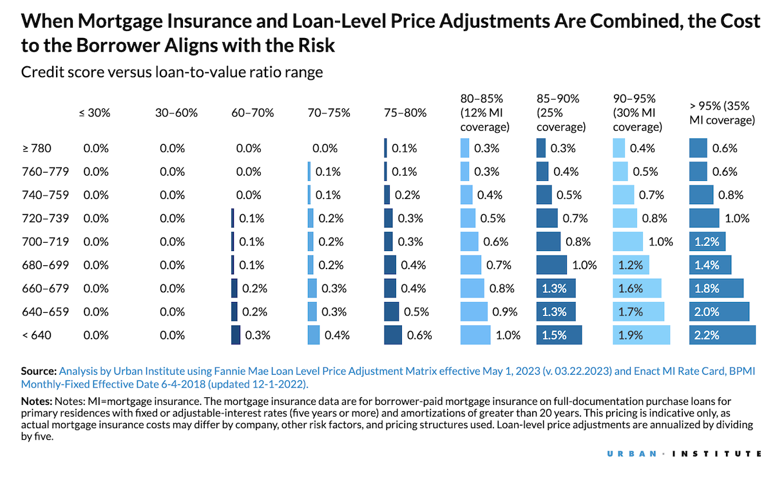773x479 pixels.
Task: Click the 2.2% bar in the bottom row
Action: [722, 335]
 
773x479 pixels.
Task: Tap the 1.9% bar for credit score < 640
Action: [641, 335]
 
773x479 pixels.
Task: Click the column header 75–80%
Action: [405, 113]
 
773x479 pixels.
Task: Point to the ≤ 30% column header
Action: [95, 113]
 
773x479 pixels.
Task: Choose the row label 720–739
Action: [45, 218]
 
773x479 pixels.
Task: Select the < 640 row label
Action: [36, 335]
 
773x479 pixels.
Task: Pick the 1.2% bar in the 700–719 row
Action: [708, 242]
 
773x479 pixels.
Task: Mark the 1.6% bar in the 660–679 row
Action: [637, 288]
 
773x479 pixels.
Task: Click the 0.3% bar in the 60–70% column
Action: [236, 335]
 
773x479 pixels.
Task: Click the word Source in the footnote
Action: [39, 371]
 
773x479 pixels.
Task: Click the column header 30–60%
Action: [176, 113]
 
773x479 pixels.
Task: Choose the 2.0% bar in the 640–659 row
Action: [719, 312]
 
